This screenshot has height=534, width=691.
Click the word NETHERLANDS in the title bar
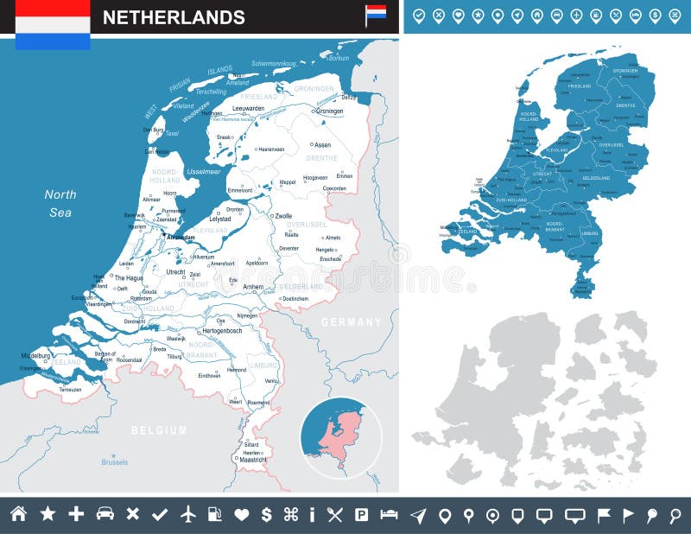click(174, 17)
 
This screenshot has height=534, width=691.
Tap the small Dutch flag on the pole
click(376, 12)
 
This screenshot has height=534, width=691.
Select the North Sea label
click(60, 203)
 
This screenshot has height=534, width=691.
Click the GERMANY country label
click(351, 321)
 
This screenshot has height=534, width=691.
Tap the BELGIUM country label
click(159, 429)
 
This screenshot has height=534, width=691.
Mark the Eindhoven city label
click(209, 376)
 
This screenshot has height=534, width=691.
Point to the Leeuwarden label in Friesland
click(244, 108)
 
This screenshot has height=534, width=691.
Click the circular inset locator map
click(340, 437)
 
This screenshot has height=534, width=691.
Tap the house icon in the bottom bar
click(18, 514)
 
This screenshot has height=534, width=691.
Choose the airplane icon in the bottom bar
click(188, 514)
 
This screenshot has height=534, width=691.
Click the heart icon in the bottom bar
click(242, 515)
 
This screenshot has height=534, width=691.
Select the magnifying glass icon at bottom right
click(675, 515)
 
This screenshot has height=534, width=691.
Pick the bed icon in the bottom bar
click(389, 515)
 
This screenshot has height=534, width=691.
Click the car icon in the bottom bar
click(105, 514)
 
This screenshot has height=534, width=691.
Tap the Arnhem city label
click(252, 286)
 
